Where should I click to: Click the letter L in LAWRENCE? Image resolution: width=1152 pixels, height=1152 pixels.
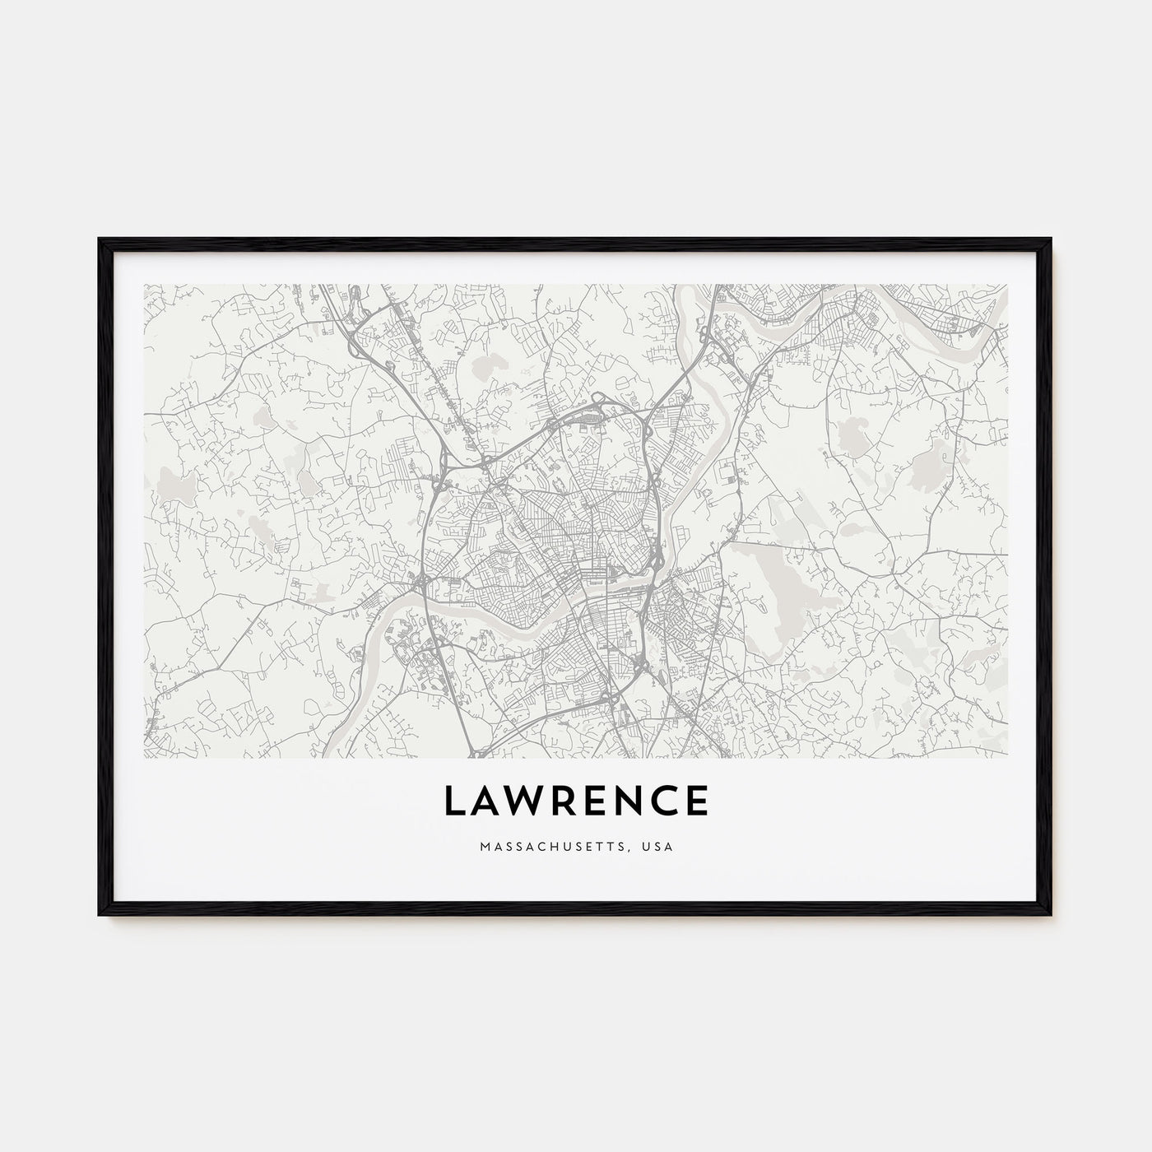pos(455,801)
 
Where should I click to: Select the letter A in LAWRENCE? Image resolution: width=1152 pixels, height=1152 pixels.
pos(486,801)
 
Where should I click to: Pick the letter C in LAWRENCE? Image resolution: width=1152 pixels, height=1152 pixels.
pos(665,801)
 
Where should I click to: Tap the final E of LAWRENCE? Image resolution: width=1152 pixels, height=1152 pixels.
pos(697,801)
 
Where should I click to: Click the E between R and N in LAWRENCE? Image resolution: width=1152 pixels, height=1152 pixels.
pos(596,801)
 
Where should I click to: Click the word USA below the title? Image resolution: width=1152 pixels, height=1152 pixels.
pos(659,846)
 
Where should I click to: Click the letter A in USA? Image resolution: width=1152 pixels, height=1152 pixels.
pos(668,846)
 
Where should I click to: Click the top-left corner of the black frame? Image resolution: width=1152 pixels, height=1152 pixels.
pos(100,239)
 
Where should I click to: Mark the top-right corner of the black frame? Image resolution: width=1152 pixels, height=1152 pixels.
pos(1051,239)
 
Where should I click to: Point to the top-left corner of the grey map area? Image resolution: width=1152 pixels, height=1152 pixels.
pos(144,285)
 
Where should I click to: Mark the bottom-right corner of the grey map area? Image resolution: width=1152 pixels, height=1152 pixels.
pos(1007,756)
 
